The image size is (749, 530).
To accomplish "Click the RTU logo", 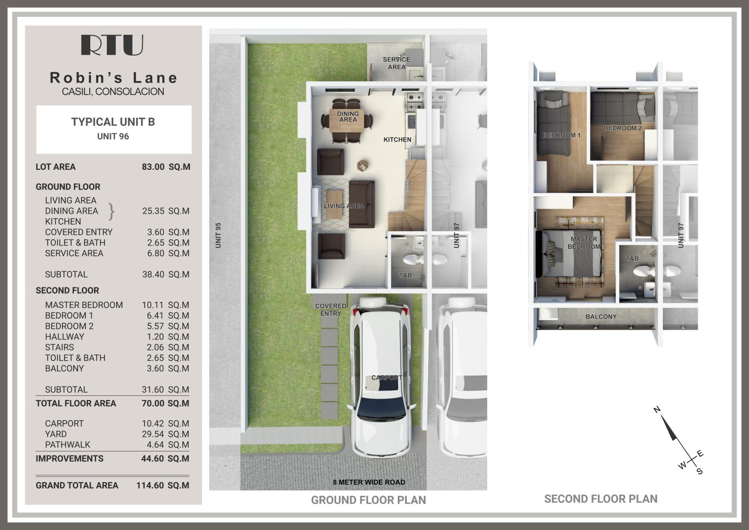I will pos(112,45).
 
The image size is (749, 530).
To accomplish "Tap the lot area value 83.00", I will pos(153,167).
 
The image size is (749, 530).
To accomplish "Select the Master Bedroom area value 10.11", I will pos(153,305).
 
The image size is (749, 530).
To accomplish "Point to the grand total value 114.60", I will pos(150,486).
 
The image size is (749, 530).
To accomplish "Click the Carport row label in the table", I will pos(64,424).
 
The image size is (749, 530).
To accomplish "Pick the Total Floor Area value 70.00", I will pos(153,404).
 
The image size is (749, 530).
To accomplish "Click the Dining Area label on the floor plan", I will pos(348,117).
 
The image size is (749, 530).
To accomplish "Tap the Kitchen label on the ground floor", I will pos(397,140).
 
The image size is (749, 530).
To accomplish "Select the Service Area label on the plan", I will pos(396,63).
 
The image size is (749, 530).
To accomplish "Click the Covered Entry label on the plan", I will pos(331,309).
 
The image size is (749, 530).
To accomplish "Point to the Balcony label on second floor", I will pos(601,317).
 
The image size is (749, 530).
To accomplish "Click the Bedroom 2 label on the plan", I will pos(623,128).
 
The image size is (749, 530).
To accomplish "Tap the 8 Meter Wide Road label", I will pos(369,482).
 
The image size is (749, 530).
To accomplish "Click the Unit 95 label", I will pos(218,235).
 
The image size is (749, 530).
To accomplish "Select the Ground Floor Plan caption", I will pos(368,500).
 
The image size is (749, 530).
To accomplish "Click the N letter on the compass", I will pos(657,409).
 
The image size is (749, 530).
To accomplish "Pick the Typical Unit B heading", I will pos(113,122).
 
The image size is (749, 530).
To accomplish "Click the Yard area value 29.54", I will pos(153,434).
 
